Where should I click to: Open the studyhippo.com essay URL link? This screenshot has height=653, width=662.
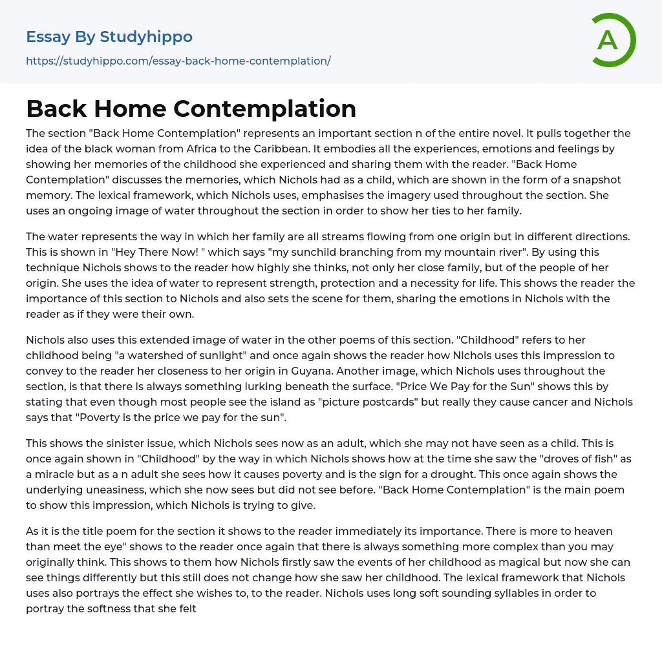coord(178,61)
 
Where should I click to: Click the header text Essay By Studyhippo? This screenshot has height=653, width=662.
coord(109,37)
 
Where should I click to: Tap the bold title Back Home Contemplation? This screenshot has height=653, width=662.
coord(191,109)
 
